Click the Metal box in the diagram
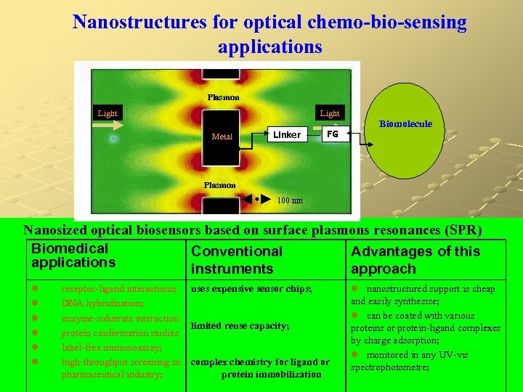222,136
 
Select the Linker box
287,134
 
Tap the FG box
333,134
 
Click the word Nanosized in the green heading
60,230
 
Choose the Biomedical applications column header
73,255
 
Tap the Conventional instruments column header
236,260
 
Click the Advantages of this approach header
415,260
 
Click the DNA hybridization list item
102,303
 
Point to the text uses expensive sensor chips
251,289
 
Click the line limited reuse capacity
240,326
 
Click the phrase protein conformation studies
120,332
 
